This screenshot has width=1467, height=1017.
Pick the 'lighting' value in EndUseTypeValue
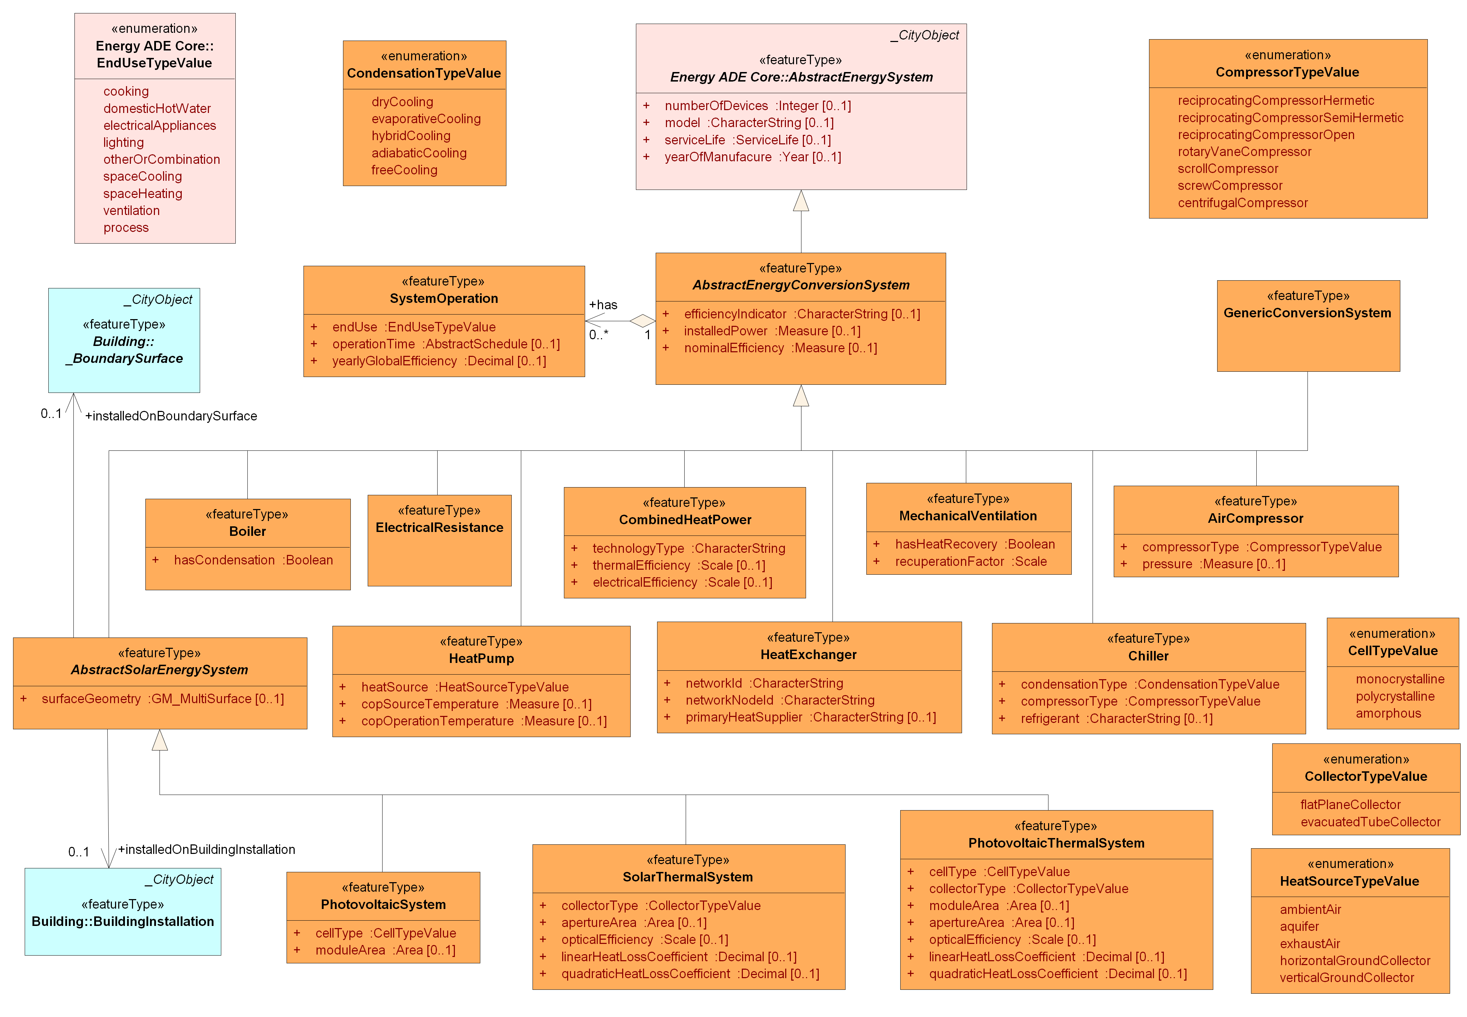124,142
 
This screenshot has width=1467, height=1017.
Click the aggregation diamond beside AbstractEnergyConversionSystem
642,321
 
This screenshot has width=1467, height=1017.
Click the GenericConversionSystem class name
1307,312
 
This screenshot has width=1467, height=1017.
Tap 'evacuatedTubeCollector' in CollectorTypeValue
1370,822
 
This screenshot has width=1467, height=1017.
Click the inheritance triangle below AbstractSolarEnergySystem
160,741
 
